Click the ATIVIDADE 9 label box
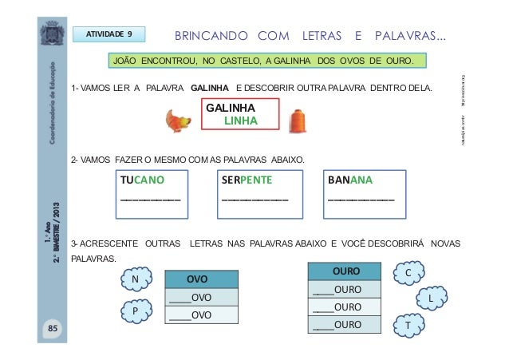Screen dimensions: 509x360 pyautogui.click(x=109, y=34)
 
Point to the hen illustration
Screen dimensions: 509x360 pyautogui.click(x=178, y=121)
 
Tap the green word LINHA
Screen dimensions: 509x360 pyautogui.click(x=240, y=120)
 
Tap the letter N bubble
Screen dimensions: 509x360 pyautogui.click(x=135, y=279)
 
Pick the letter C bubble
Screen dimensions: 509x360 pyautogui.click(x=408, y=273)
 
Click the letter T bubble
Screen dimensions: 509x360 pyautogui.click(x=408, y=326)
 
